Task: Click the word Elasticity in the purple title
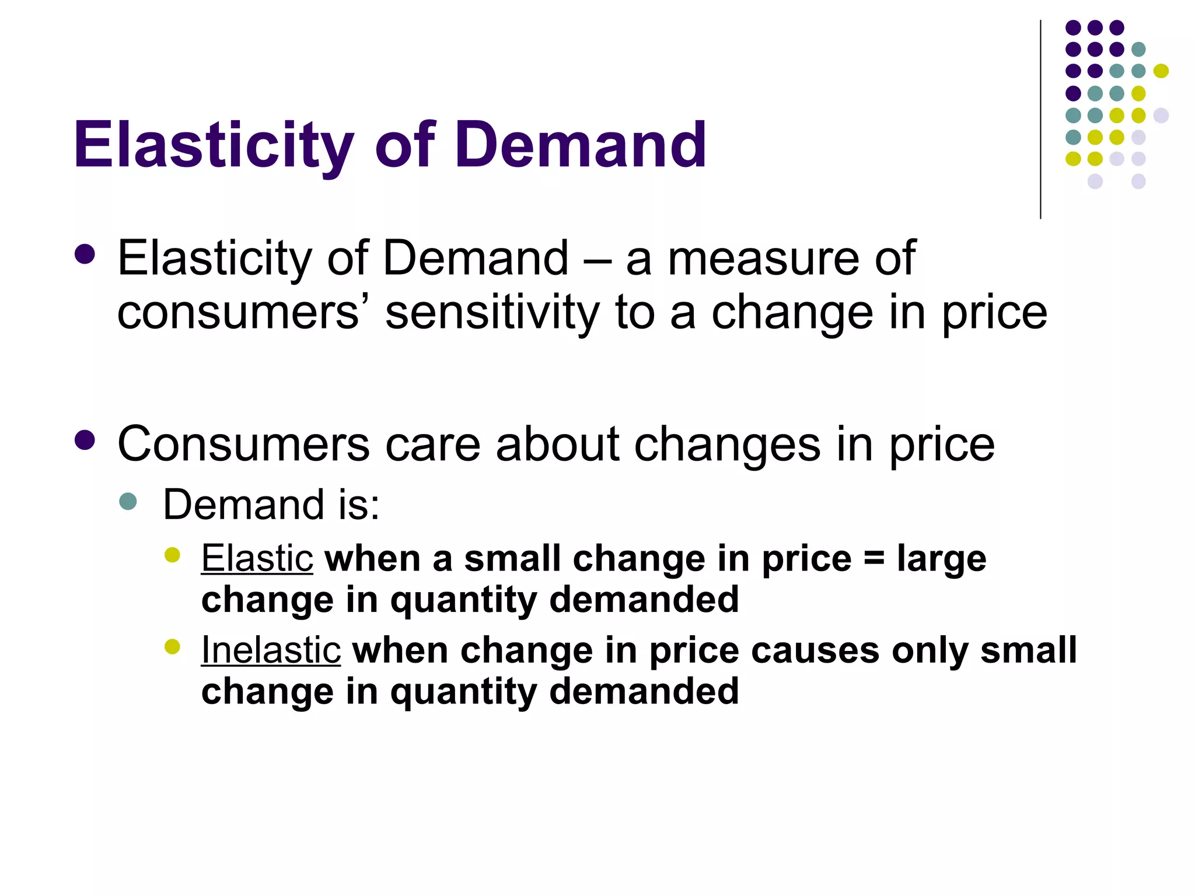[213, 145]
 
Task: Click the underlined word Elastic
[257, 558]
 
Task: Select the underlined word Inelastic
[271, 650]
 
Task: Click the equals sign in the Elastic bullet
[873, 558]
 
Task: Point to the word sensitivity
[492, 313]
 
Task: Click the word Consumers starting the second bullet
[243, 444]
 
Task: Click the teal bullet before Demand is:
[128, 501]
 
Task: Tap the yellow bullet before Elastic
[172, 555]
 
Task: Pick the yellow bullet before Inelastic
[172, 646]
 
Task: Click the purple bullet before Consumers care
[85, 440]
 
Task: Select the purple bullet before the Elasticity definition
[85, 254]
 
